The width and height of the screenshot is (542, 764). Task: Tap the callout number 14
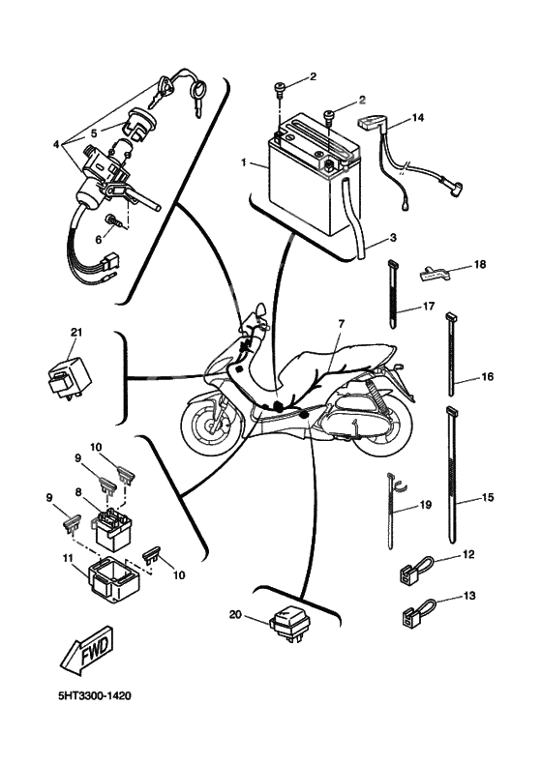(417, 117)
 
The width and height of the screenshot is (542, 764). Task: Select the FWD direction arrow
(88, 652)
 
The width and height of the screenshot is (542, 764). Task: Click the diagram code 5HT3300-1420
(95, 695)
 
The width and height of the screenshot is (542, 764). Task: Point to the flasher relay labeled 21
(70, 376)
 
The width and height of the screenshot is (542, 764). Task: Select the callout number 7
(341, 324)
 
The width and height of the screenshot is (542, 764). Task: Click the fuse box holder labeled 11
(112, 579)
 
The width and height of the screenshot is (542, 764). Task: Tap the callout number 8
(78, 492)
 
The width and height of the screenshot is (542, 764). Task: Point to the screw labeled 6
(113, 221)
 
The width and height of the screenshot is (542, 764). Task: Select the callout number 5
(94, 132)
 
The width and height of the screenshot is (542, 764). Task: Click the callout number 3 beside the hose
(393, 238)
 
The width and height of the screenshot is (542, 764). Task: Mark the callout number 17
(429, 307)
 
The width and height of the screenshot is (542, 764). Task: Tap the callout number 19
(426, 504)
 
